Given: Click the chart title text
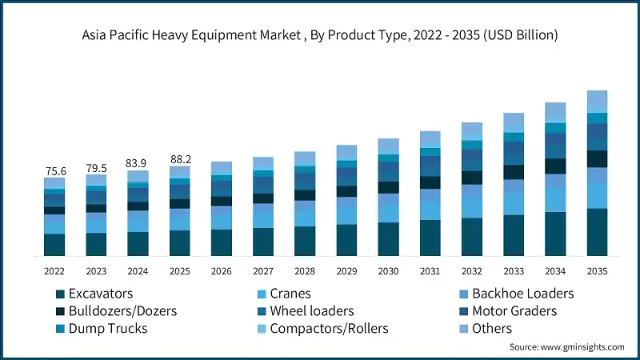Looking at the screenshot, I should pyautogui.click(x=320, y=35).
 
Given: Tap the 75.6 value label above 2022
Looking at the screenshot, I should pyautogui.click(x=54, y=170).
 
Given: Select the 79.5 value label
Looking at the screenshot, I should pyautogui.click(x=96, y=168).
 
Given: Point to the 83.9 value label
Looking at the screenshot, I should pyautogui.click(x=138, y=163).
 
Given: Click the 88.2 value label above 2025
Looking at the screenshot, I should pyautogui.click(x=179, y=159).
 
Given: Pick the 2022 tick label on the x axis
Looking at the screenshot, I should pyautogui.click(x=54, y=271).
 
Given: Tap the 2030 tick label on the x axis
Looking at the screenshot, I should pyautogui.click(x=388, y=271).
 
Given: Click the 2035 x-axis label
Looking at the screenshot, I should pyautogui.click(x=597, y=271).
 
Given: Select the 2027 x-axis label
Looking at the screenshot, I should pyautogui.click(x=263, y=271).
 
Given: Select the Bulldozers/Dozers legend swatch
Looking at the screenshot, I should pyautogui.click(x=59, y=311).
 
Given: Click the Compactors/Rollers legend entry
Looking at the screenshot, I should pyautogui.click(x=329, y=329).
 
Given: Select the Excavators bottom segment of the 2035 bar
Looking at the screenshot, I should pyautogui.click(x=597, y=232).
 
